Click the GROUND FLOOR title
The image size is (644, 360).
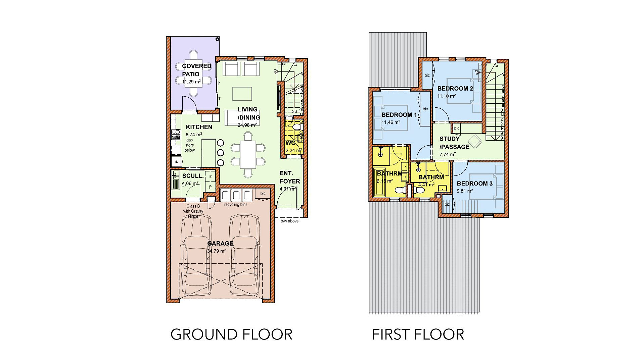point(231,335)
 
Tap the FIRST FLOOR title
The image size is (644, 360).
point(418,335)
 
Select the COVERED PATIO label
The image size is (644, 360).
point(196,70)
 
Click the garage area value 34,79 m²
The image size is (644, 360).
point(216,251)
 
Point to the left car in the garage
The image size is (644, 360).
point(196,255)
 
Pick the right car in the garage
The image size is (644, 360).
point(244,255)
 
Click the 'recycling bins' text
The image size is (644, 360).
point(236,205)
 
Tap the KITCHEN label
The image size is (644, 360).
point(199,127)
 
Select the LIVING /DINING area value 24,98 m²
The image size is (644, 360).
point(247,125)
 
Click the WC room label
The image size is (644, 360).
point(290,143)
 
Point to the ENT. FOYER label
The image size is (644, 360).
point(289,177)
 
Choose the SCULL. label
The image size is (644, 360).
point(193,176)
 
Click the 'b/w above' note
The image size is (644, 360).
point(289,221)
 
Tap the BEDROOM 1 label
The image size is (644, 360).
point(399,115)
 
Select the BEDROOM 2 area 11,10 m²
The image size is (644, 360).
point(446,96)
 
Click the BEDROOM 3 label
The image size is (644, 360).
point(474,184)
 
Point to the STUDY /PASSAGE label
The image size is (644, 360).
point(454,143)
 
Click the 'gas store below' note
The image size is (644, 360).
point(189,145)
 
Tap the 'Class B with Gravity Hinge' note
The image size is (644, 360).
point(193,211)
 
